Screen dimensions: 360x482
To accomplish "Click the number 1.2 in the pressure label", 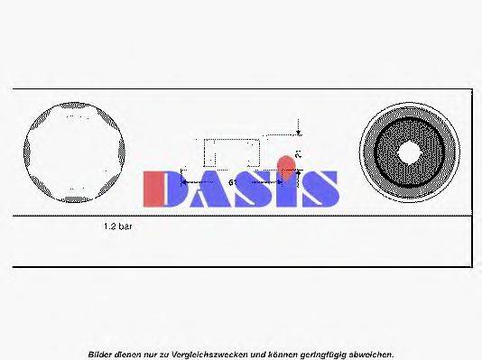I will click(x=110, y=228).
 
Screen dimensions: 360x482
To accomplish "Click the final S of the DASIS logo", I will click(x=319, y=188).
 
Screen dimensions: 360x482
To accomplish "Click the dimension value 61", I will click(x=233, y=182).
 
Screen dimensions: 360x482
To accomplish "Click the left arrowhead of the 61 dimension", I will click(x=185, y=181).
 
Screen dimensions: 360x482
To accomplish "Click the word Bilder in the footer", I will click(x=100, y=354).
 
